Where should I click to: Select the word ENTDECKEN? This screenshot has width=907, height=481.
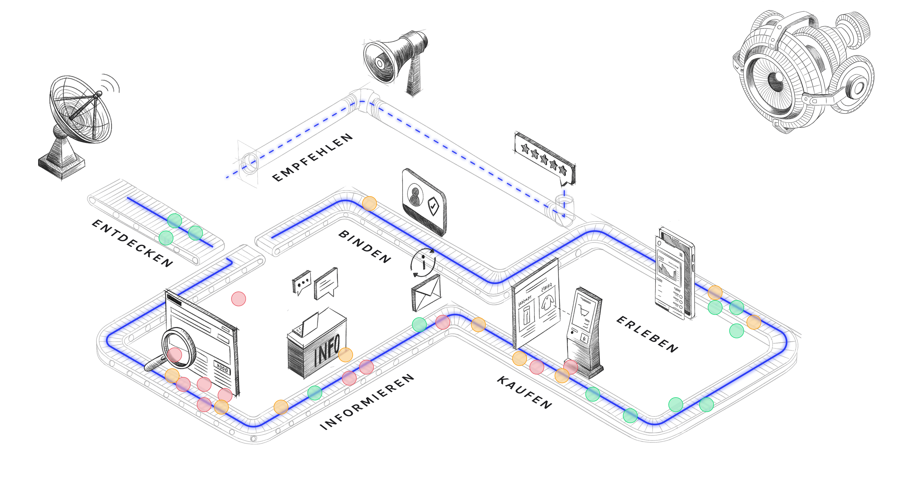tap(132, 243)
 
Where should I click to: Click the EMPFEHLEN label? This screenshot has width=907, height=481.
tap(313, 157)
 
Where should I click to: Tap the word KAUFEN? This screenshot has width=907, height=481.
tap(525, 392)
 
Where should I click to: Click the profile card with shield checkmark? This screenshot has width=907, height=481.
tap(424, 201)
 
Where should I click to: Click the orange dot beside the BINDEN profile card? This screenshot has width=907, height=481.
tap(369, 203)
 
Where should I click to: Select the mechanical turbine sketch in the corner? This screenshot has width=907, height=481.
tap(806, 70)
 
